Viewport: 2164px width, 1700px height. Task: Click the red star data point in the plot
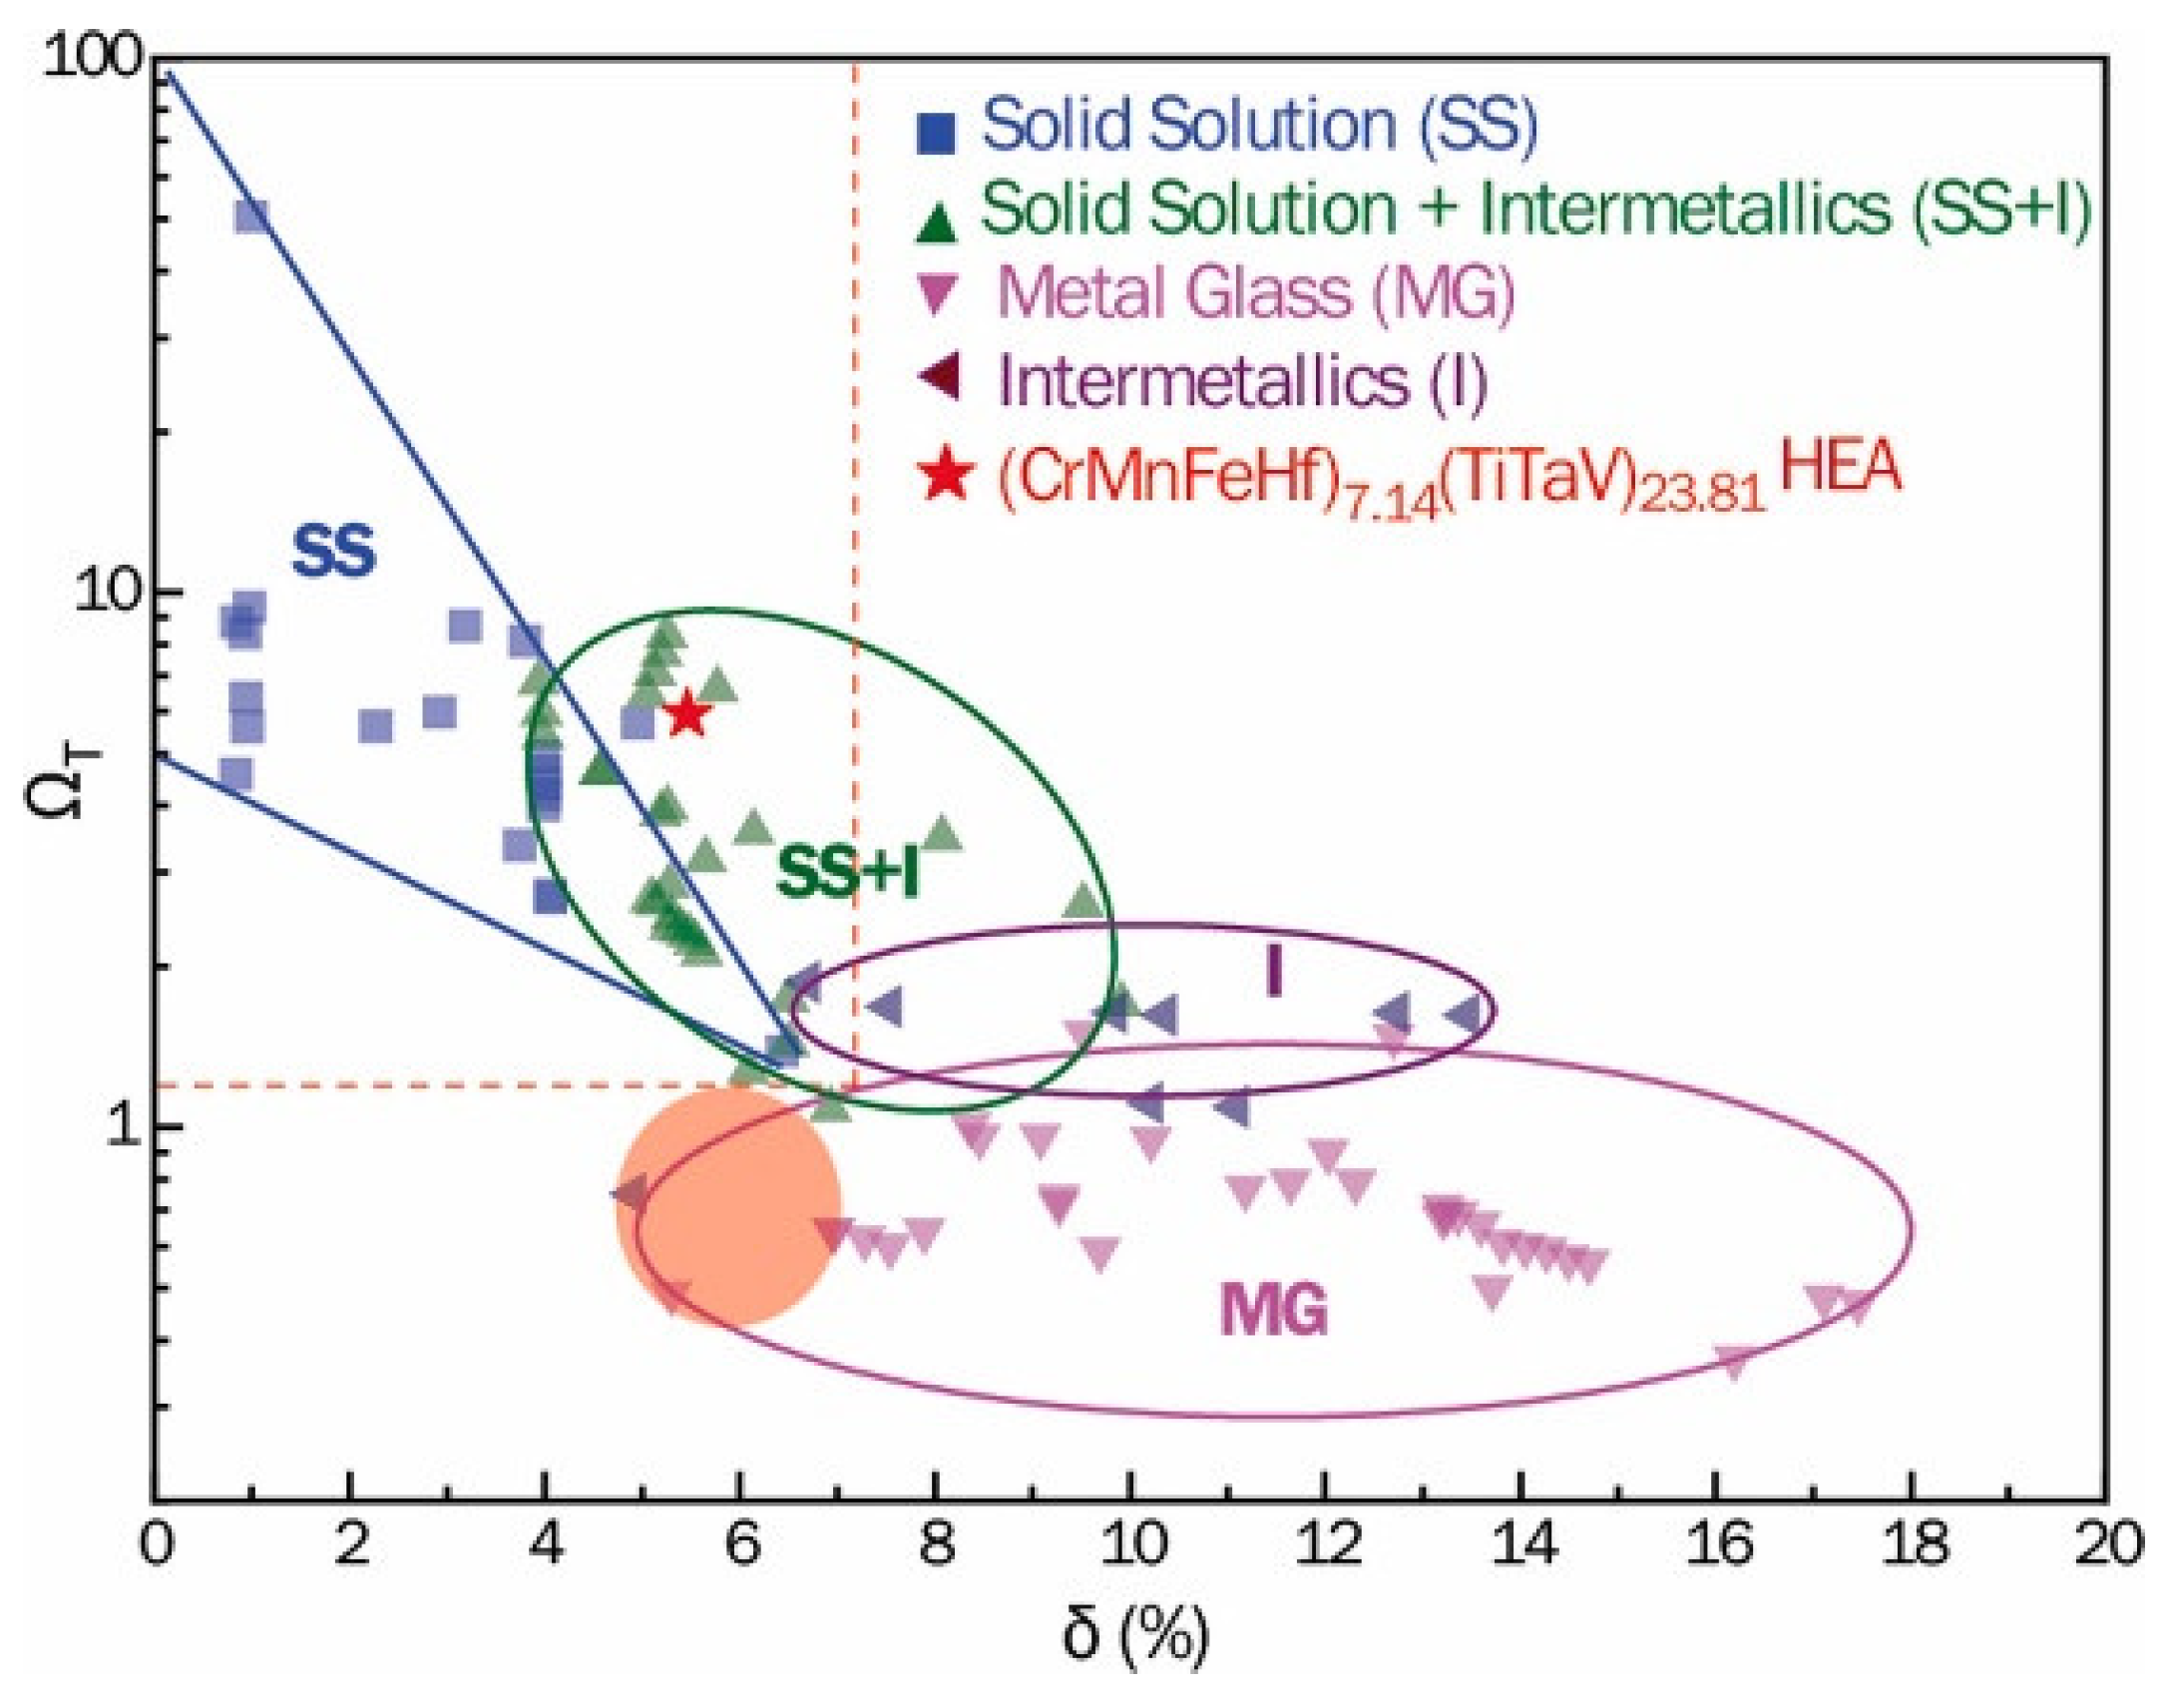click(x=687, y=714)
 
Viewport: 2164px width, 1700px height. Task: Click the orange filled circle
click(x=729, y=1205)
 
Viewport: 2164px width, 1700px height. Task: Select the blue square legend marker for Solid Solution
click(x=936, y=133)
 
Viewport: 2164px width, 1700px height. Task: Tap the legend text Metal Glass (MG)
click(x=1255, y=293)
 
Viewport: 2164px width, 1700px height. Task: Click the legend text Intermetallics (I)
click(x=1242, y=381)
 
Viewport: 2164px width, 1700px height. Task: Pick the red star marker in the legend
click(x=944, y=474)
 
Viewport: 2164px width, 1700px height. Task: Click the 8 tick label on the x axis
click(x=935, y=1544)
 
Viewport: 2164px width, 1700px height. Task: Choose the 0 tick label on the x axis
click(x=157, y=1544)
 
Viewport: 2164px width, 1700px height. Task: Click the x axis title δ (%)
click(x=1134, y=1634)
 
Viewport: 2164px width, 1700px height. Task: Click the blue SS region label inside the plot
click(x=333, y=552)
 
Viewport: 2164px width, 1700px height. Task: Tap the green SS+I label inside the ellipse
click(x=847, y=873)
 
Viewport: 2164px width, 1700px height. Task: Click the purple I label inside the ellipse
click(x=1274, y=971)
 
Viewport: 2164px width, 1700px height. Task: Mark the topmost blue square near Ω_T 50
click(x=251, y=215)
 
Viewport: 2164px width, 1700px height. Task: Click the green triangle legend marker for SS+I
click(x=936, y=221)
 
